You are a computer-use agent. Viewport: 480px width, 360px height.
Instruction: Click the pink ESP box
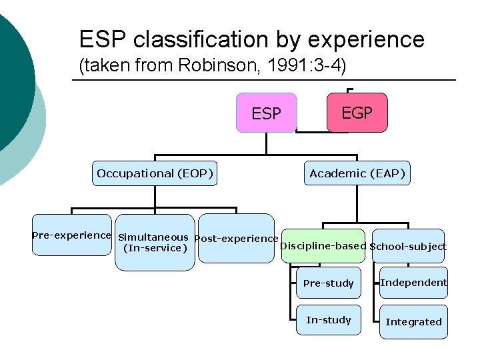(x=267, y=113)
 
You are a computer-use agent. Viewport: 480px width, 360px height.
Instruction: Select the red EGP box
(x=357, y=113)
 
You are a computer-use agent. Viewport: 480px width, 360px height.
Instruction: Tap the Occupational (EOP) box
(x=155, y=174)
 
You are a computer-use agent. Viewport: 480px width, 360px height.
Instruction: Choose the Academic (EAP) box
(x=357, y=174)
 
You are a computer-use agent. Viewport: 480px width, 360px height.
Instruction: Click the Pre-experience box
(x=71, y=235)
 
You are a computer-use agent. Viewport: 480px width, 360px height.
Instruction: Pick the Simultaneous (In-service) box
(x=155, y=243)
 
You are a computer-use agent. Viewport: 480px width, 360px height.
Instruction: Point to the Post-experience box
(x=237, y=239)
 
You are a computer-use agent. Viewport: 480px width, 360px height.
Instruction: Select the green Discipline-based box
(x=323, y=246)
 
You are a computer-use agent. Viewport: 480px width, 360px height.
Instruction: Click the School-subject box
(x=409, y=247)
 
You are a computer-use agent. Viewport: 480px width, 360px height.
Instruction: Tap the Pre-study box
(x=329, y=283)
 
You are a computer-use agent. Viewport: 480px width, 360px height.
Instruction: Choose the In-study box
(x=329, y=320)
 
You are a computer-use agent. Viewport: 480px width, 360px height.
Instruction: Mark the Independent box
(x=414, y=283)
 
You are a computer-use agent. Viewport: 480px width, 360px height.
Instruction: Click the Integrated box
(x=414, y=322)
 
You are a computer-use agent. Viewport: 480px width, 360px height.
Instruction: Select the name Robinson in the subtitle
(x=223, y=67)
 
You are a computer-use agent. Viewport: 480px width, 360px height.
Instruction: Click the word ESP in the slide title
(x=103, y=40)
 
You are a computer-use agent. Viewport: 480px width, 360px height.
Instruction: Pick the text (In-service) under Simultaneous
(x=155, y=249)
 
